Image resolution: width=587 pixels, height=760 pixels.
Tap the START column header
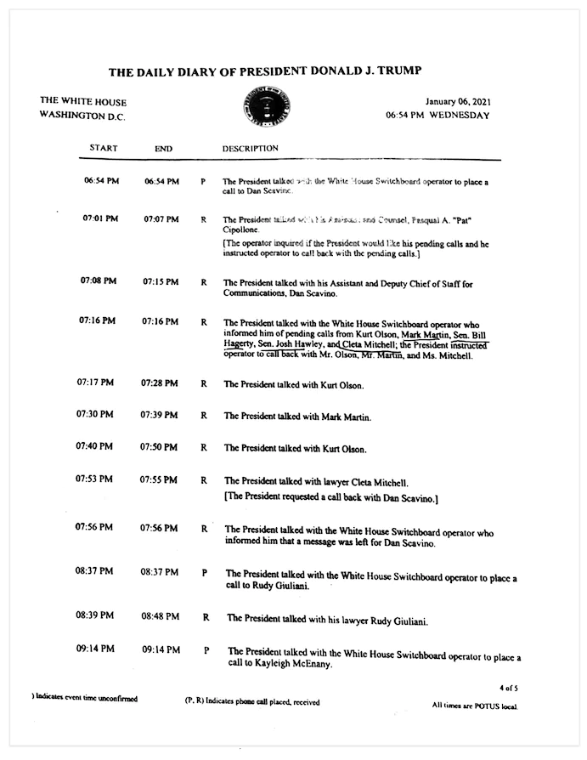(x=103, y=148)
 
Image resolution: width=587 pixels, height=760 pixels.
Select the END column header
(x=163, y=149)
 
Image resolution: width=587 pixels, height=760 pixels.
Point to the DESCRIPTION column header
(x=250, y=148)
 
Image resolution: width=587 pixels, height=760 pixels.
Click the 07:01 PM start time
(x=100, y=218)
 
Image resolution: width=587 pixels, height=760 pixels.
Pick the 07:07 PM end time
(x=161, y=219)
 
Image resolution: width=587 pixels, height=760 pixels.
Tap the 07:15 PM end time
(x=161, y=281)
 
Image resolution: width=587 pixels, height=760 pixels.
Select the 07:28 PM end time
(x=160, y=383)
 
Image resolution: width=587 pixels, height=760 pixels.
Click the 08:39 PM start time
(x=93, y=615)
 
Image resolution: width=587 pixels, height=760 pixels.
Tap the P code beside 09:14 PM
(x=206, y=650)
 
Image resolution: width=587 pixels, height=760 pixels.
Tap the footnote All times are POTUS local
(x=473, y=706)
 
